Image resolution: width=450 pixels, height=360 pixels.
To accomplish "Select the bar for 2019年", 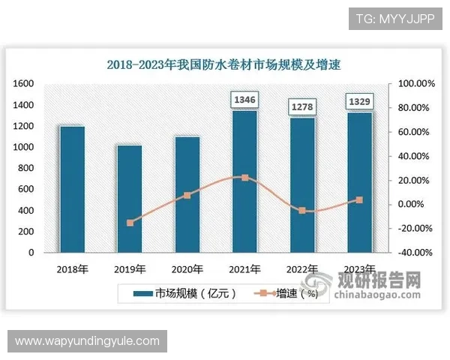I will point(130,199).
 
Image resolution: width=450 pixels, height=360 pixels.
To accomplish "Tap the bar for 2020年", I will point(187,194).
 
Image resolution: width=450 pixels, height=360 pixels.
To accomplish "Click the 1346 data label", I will point(244,99).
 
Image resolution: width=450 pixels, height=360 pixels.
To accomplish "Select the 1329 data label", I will point(359,100).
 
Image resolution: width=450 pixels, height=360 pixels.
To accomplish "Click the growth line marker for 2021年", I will point(244,178).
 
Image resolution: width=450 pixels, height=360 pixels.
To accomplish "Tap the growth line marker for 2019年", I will point(130,223).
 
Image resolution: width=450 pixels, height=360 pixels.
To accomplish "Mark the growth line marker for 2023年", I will point(359,200).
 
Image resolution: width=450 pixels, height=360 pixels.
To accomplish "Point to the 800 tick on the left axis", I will point(27,168).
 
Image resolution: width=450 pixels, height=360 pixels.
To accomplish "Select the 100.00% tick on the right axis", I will point(411,83).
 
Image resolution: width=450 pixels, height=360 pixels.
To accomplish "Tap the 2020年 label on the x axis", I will point(187,268).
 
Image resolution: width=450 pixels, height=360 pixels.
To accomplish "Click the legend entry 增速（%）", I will point(288,293).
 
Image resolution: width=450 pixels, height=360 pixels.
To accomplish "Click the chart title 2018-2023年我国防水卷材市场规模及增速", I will point(223,64).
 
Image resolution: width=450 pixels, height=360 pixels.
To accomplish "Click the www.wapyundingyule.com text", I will point(87,341).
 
